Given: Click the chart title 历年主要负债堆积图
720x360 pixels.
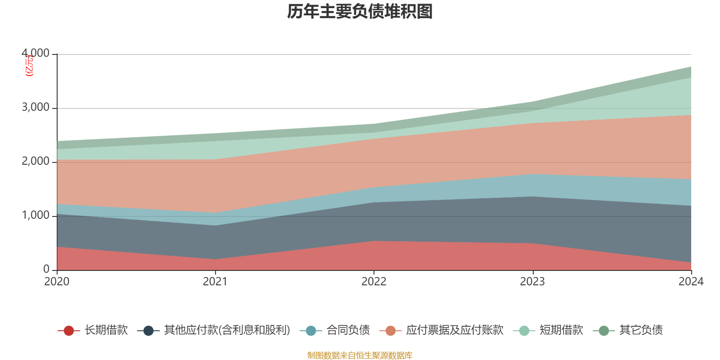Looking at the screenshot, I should tap(360, 12).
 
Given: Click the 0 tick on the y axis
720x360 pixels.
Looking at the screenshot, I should tap(46, 269).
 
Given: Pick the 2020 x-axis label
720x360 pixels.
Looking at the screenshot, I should tap(57, 282).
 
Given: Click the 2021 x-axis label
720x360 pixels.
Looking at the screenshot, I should tap(215, 282).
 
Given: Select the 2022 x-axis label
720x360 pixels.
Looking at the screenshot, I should tap(374, 282).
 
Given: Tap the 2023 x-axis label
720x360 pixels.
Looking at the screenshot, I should tap(532, 282).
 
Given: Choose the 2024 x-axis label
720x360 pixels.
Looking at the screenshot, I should tap(691, 282).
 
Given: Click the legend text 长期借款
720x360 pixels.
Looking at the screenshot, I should tap(106, 330).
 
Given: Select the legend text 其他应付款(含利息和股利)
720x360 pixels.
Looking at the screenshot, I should tap(227, 330).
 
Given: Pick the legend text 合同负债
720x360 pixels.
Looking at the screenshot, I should tap(348, 330).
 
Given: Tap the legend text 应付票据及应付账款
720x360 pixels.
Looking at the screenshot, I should tap(454, 330).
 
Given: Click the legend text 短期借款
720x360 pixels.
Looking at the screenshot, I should tap(561, 330).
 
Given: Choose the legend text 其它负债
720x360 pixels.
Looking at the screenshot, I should tap(641, 330).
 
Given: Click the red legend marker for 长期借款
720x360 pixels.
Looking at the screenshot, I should tap(68, 331).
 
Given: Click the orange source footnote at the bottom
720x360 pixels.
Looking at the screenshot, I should tap(360, 355).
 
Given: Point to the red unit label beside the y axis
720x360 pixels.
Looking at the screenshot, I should tap(28, 66).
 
